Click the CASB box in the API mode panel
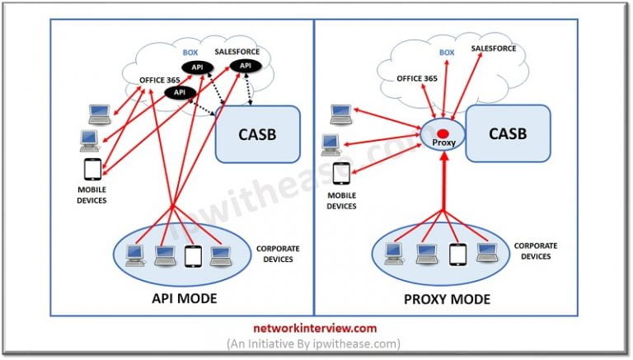(x=256, y=133)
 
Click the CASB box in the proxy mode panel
(x=508, y=133)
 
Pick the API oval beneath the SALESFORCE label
(x=245, y=66)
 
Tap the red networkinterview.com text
(x=316, y=327)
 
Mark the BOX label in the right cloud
(x=447, y=52)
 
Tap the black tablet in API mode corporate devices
(x=192, y=256)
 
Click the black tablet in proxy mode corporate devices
(x=456, y=254)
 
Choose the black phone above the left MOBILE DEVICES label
(x=91, y=170)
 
